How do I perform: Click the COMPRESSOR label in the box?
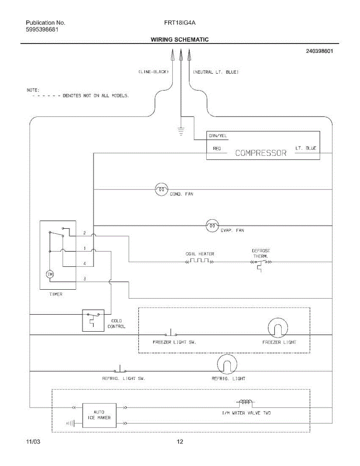click(261, 153)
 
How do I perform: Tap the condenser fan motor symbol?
click(161, 190)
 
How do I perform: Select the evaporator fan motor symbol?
click(212, 225)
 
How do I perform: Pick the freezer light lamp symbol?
click(278, 328)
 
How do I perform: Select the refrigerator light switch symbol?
click(120, 370)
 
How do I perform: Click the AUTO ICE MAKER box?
click(99, 415)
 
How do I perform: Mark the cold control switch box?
click(93, 320)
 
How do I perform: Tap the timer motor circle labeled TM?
click(50, 275)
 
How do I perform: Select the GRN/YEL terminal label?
click(218, 136)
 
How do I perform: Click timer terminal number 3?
click(85, 279)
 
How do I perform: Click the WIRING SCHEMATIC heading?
click(179, 40)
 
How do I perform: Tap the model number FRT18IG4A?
click(180, 23)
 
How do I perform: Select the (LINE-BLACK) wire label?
click(153, 72)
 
